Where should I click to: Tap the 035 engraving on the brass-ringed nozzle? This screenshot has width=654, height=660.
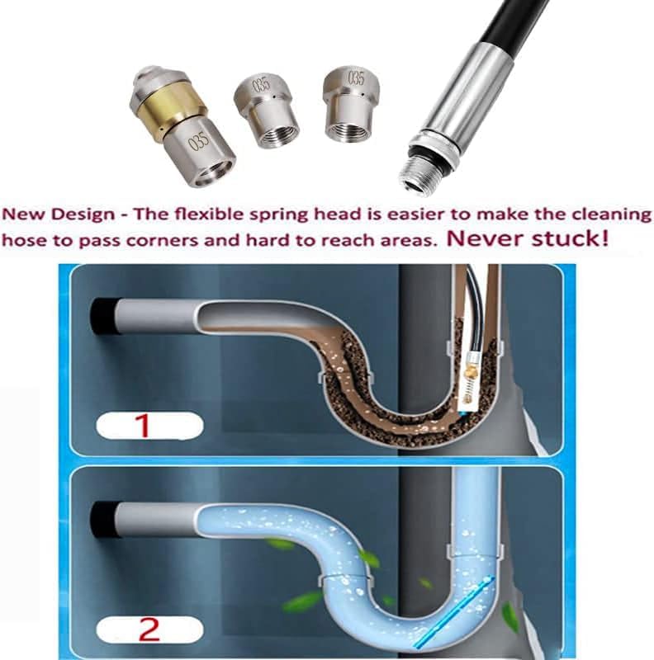[198, 141]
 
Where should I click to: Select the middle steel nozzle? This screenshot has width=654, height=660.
[266, 111]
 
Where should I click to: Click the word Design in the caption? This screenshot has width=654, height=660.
[83, 215]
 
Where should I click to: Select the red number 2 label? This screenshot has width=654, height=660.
[149, 629]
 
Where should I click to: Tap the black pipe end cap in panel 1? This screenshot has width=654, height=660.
[102, 317]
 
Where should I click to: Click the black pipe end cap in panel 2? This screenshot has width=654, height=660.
[102, 520]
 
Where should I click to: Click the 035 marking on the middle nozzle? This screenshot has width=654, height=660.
[260, 86]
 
